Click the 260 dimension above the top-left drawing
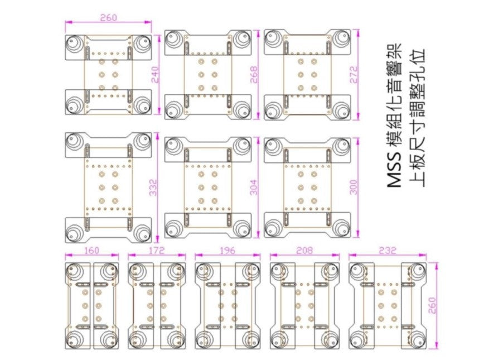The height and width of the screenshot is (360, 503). click(108, 17)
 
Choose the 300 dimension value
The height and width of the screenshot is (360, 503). click(354, 187)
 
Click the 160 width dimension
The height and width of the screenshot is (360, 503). click(92, 251)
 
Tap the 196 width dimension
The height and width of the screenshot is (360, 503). click(228, 251)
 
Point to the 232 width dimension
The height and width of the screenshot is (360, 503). click(387, 251)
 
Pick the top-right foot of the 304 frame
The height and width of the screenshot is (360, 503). click(242, 146)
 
